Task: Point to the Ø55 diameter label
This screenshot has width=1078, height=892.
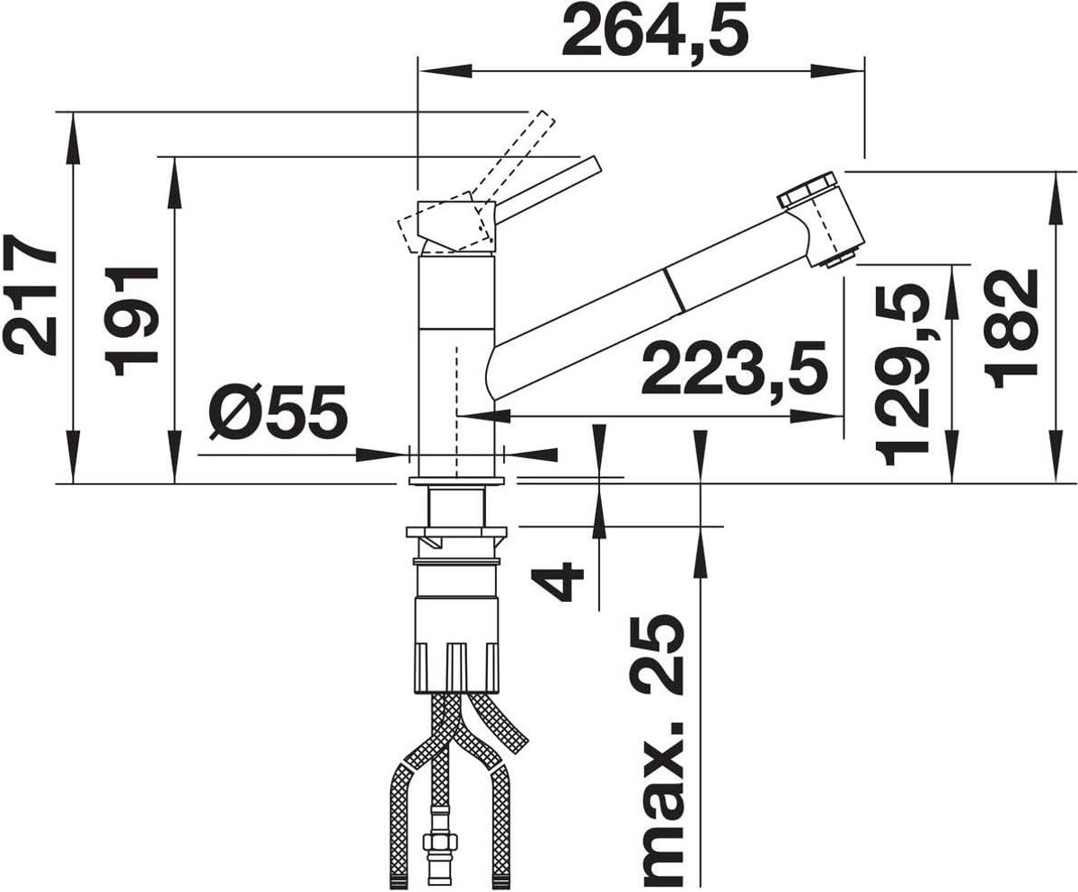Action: [278, 411]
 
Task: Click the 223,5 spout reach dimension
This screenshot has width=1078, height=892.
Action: [734, 367]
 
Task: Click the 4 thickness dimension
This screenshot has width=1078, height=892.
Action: [559, 580]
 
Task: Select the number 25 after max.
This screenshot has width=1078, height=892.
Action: [657, 656]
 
